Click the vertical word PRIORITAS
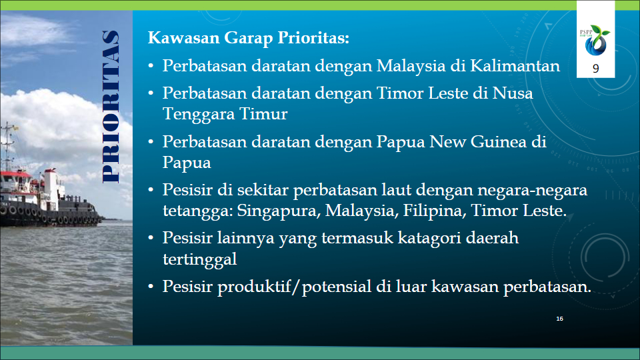click(111, 107)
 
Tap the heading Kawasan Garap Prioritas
click(249, 37)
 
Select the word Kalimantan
click(515, 65)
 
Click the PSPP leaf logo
click(595, 41)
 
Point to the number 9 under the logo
click(595, 69)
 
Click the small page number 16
click(559, 319)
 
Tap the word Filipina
click(434, 211)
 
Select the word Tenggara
click(199, 114)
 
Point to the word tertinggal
click(199, 259)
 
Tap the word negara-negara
click(532, 191)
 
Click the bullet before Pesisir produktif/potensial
click(151, 287)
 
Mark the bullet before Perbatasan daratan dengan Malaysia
click(151, 66)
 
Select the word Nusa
click(512, 93)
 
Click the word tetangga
click(197, 211)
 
